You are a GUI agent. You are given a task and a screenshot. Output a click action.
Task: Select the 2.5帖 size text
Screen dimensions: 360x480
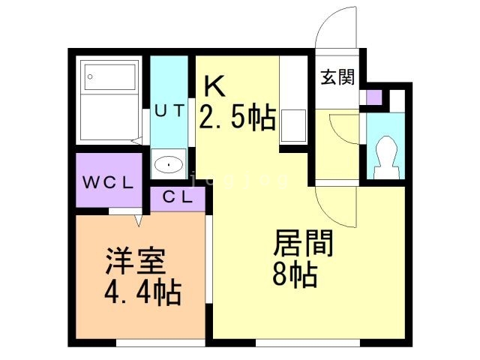(x=237, y=118)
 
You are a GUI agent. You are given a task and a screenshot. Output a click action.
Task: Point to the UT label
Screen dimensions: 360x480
(x=169, y=110)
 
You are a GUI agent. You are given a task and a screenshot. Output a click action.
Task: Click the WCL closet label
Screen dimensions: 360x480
(x=108, y=181)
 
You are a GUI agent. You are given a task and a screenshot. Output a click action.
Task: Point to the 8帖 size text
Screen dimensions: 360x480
(x=295, y=275)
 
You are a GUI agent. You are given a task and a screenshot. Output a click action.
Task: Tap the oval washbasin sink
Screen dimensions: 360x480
(x=169, y=163)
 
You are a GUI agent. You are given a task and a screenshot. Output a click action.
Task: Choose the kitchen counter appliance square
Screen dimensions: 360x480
(x=292, y=125)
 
